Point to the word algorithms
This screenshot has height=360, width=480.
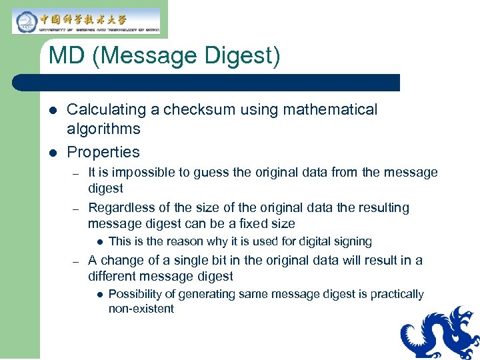[x=103, y=129]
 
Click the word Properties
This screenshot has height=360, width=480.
[x=103, y=152]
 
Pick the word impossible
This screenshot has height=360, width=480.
[x=151, y=173]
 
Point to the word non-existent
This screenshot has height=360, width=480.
[x=141, y=309]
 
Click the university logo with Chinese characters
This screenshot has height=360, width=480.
[x=86, y=21]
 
